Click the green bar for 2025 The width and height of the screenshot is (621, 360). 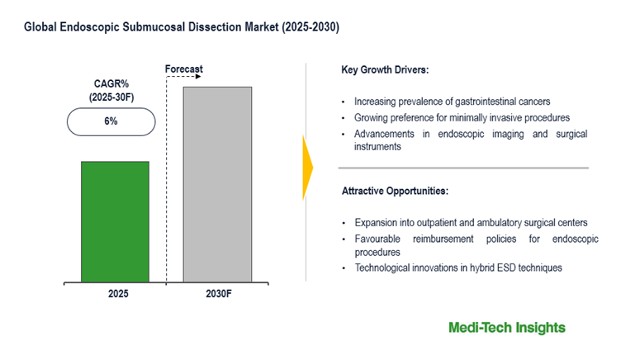click(x=115, y=220)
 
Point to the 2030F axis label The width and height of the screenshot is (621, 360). click(x=217, y=295)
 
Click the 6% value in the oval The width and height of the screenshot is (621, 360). click(x=110, y=121)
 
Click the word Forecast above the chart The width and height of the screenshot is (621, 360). click(x=184, y=69)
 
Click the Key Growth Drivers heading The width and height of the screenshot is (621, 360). click(x=385, y=69)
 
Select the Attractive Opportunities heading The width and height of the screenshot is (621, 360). click(x=395, y=192)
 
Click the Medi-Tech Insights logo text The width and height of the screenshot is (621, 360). click(x=507, y=328)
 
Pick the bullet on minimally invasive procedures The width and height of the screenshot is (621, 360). click(x=462, y=118)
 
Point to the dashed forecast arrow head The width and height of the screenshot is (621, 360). click(x=201, y=76)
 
